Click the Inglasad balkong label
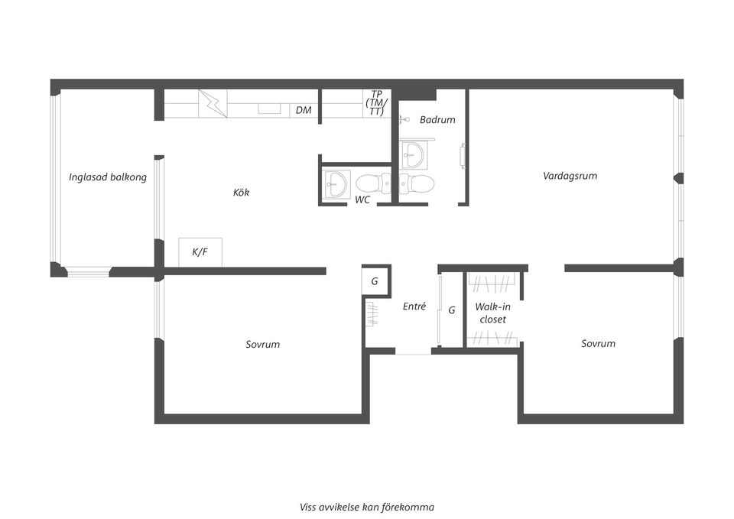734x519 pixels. [108, 177]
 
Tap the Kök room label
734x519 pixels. [241, 192]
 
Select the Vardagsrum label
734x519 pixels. [570, 176]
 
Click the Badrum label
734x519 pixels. [437, 119]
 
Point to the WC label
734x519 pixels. [362, 199]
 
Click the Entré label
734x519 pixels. [414, 306]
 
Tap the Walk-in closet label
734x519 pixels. [492, 313]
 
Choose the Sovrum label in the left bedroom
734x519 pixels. [262, 345]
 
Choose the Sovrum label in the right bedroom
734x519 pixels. [598, 343]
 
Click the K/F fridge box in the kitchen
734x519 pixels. [200, 252]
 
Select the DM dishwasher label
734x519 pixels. [304, 110]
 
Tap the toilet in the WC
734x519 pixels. [373, 183]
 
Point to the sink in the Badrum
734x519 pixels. [414, 154]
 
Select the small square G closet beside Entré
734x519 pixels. [375, 281]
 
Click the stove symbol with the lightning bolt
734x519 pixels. [213, 103]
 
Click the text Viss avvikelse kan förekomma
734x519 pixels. [367, 507]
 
